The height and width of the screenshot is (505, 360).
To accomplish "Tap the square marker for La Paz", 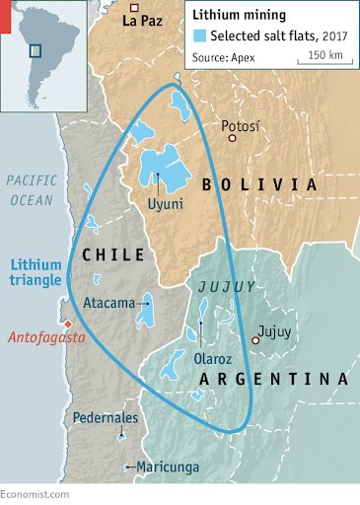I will pyautogui.click(x=134, y=6).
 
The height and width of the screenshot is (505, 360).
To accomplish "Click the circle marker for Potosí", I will pyautogui.click(x=233, y=139).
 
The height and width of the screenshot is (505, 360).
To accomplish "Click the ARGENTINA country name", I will pyautogui.click(x=273, y=380).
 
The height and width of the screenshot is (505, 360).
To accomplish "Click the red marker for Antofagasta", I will pyautogui.click(x=66, y=324).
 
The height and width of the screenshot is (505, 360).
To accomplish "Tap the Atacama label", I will pyautogui.click(x=108, y=304).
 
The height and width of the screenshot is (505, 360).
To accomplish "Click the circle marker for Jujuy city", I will pyautogui.click(x=254, y=340).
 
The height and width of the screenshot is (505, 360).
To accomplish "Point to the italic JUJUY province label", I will pyautogui.click(x=227, y=286).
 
